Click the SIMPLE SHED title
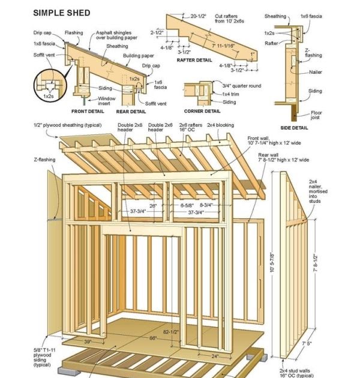click(62, 13)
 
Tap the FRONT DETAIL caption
click(88, 111)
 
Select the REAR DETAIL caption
click(130, 111)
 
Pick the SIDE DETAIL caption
click(294, 128)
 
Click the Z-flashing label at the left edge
click(43, 160)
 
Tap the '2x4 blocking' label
click(220, 125)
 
